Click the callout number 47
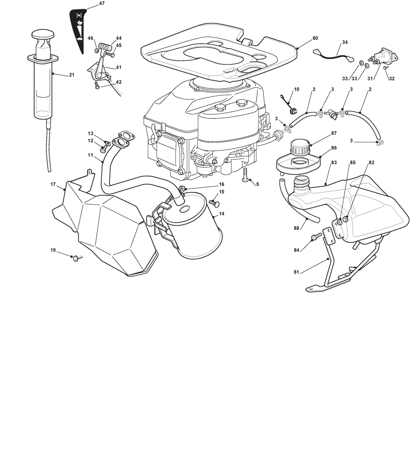(102, 3)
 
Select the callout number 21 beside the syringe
(72, 75)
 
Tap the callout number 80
(315, 38)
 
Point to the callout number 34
(345, 42)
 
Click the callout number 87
(334, 133)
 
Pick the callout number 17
(53, 184)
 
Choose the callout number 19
(53, 250)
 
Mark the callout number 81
(296, 272)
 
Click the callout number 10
(296, 89)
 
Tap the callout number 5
(258, 184)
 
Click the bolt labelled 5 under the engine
(245, 175)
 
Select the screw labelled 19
(77, 258)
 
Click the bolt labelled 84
(316, 237)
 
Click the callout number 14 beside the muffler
(221, 214)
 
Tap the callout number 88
(296, 228)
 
